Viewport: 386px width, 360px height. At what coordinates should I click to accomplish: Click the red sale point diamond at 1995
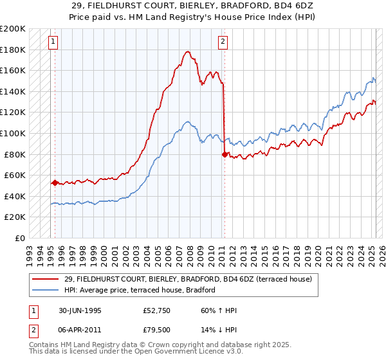[x=55, y=183]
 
